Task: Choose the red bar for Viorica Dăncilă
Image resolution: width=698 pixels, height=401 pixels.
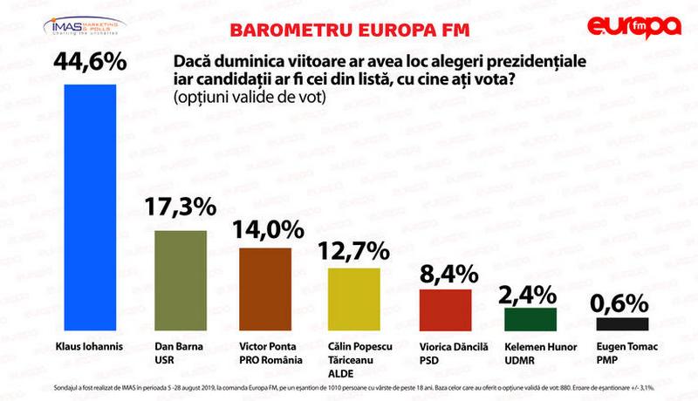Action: tap(445, 309)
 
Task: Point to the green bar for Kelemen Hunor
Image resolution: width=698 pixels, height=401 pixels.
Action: tap(531, 319)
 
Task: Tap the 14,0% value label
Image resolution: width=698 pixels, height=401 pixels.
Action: tap(267, 229)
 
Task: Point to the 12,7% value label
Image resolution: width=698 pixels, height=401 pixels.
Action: tap(353, 251)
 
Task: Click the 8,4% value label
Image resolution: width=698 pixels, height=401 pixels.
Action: tap(446, 271)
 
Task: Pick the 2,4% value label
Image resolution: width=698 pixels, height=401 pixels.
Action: tap(531, 291)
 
